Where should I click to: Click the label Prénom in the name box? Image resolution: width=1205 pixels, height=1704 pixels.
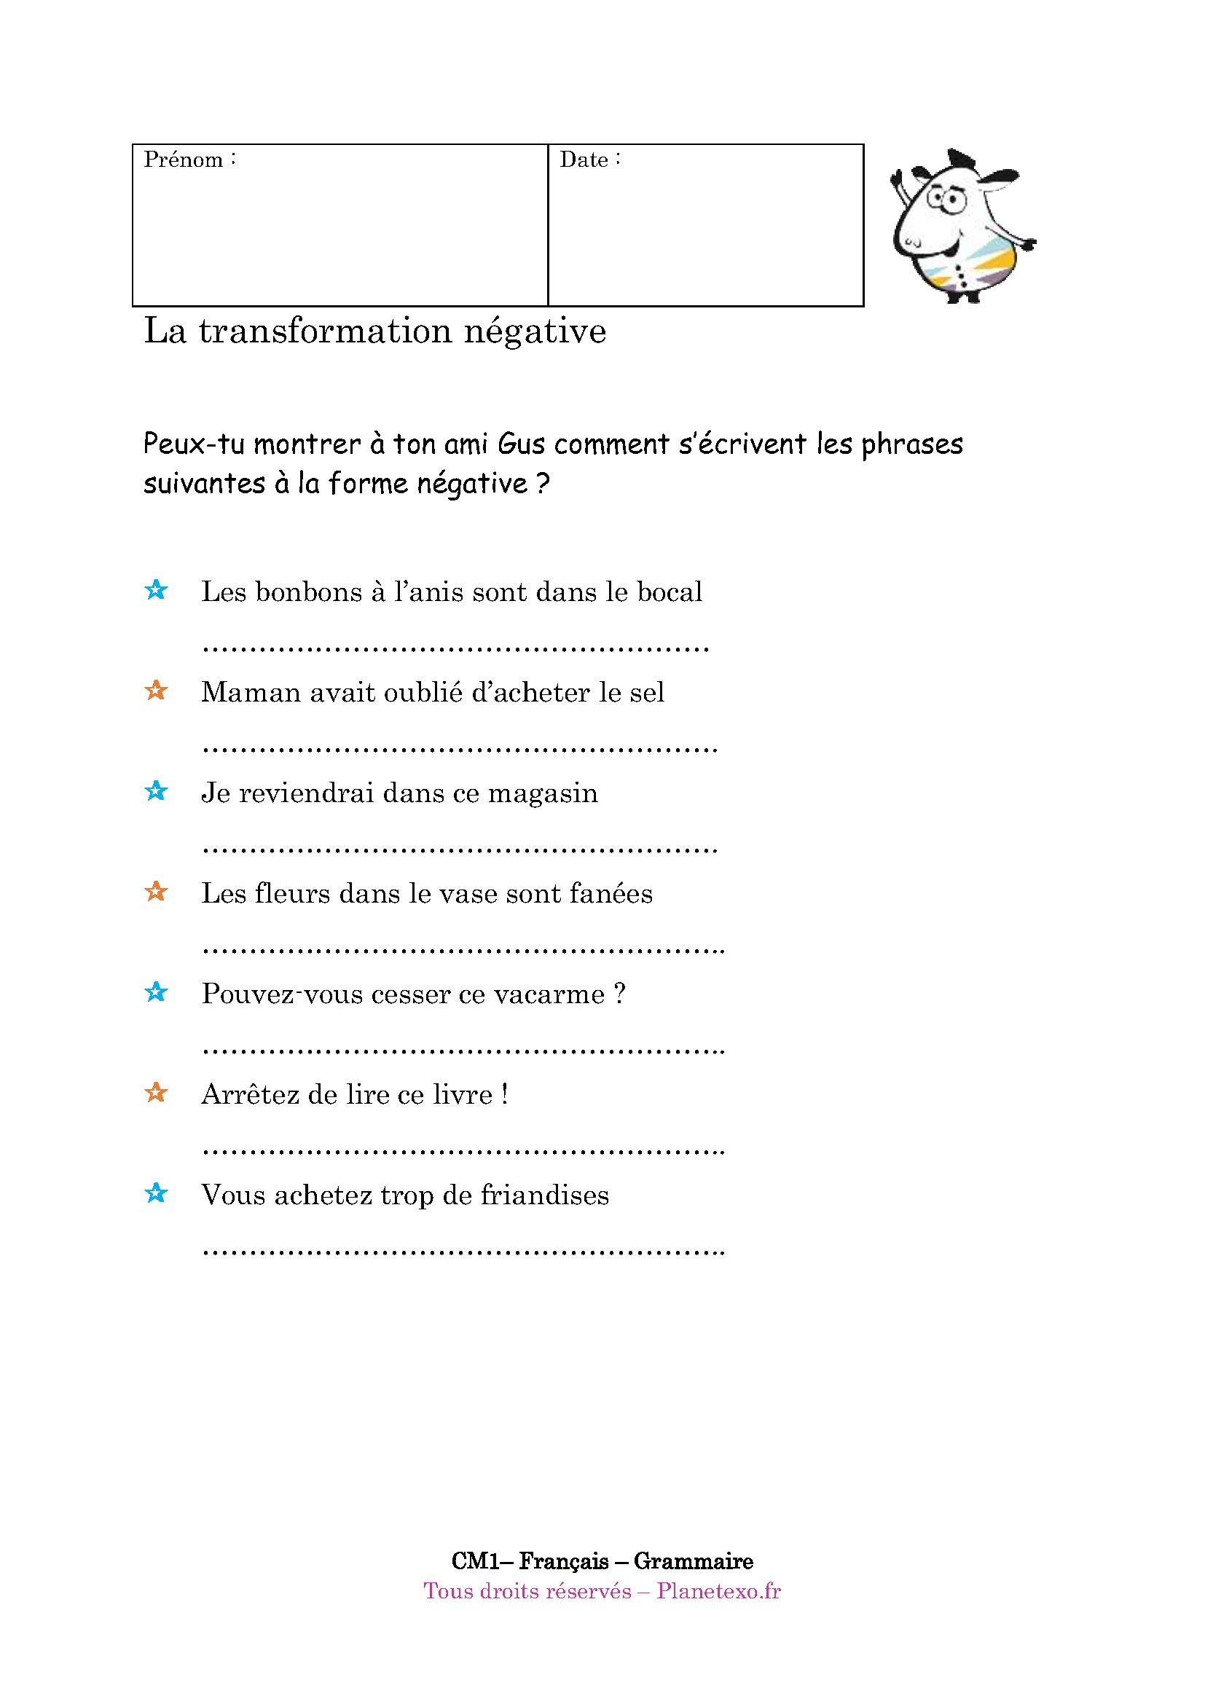[x=184, y=160]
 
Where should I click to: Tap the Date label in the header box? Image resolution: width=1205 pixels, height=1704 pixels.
[x=584, y=160]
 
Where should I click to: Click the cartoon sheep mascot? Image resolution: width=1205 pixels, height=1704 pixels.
[x=960, y=227]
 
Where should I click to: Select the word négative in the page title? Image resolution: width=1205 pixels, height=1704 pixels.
[x=535, y=331]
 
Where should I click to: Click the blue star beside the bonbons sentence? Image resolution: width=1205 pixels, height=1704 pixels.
[x=156, y=590]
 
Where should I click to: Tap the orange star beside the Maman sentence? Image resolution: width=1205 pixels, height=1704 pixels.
[x=156, y=690]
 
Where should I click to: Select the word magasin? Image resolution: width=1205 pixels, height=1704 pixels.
[x=543, y=793]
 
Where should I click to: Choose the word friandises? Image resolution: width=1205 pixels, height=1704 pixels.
[x=545, y=1195]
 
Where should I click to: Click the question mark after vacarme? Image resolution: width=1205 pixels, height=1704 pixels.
[x=619, y=994]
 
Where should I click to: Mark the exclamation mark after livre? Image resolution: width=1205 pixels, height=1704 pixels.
[x=505, y=1095]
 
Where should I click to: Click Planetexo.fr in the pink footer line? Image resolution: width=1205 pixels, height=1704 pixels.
[x=718, y=1591]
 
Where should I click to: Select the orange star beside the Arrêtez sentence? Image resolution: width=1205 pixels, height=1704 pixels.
[x=156, y=1093]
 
